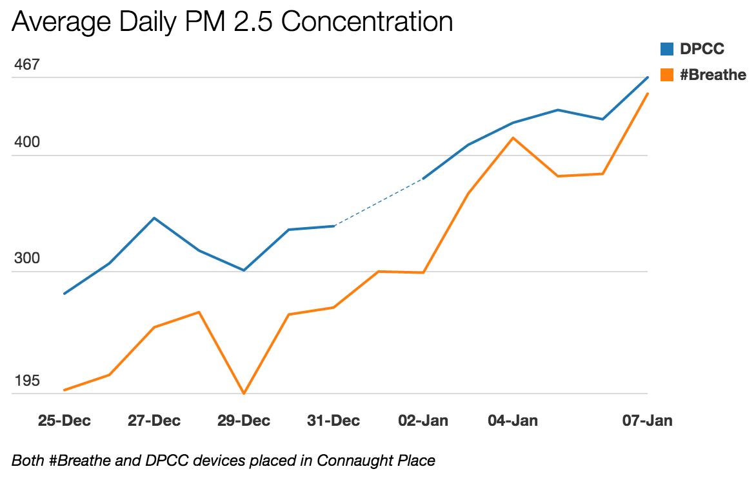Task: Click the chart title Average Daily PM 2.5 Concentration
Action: click(x=232, y=22)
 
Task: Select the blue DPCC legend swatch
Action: click(x=667, y=48)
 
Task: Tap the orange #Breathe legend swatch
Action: click(x=667, y=75)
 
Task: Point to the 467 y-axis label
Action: click(x=26, y=65)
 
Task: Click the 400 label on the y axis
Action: click(x=26, y=142)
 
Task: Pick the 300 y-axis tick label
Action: click(x=26, y=259)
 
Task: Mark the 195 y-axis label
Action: click(x=26, y=381)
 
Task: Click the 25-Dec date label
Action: click(x=65, y=421)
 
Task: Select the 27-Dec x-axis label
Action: click(x=154, y=421)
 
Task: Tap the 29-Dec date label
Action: click(x=244, y=421)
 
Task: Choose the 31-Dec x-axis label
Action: click(x=333, y=421)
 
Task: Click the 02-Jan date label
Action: click(x=423, y=421)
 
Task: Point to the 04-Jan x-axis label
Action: click(x=513, y=421)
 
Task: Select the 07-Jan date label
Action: click(x=647, y=421)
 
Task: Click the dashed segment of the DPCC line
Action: click(x=379, y=203)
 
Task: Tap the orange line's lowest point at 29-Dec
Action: click(x=244, y=393)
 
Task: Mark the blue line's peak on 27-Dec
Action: click(x=154, y=218)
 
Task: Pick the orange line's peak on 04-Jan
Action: click(x=513, y=137)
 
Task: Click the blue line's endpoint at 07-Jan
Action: click(x=647, y=77)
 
